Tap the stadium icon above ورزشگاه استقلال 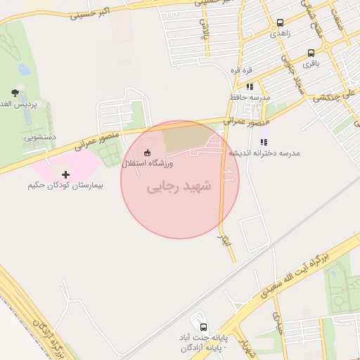[147, 152]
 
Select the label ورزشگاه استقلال [148, 163]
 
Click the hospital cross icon [66, 174]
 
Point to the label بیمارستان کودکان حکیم [65, 186]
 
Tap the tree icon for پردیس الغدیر [15, 93]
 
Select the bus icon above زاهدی [281, 22]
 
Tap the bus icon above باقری [311, 53]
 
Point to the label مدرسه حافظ [245, 96]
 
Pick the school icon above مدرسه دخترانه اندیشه [264, 143]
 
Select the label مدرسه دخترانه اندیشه [270, 153]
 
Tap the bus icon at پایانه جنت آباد [203, 327]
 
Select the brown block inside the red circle [187, 138]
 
